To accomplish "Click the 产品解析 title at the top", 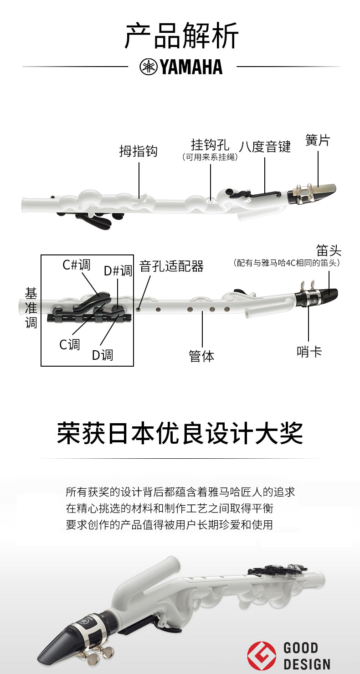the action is [181, 37].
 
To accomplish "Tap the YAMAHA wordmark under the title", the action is [191, 67].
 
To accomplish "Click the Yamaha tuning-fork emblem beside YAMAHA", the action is [148, 67].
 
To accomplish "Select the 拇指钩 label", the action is [138, 151].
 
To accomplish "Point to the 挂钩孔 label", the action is [210, 145].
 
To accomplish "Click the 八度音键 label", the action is [265, 147].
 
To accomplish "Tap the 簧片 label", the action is [318, 140].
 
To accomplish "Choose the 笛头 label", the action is [329, 250].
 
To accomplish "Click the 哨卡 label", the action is [309, 352].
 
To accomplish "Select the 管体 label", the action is [201, 356].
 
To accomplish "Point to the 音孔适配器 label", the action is [171, 266].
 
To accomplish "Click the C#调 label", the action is [77, 265].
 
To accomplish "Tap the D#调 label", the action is [118, 271].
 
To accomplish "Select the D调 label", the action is [102, 354].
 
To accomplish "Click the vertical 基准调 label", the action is [31, 308].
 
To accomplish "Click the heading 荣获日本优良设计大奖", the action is [180, 433].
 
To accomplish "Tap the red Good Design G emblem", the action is [261, 655].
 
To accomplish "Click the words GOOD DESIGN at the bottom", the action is [306, 656].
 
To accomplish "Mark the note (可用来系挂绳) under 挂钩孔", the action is [210, 157].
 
